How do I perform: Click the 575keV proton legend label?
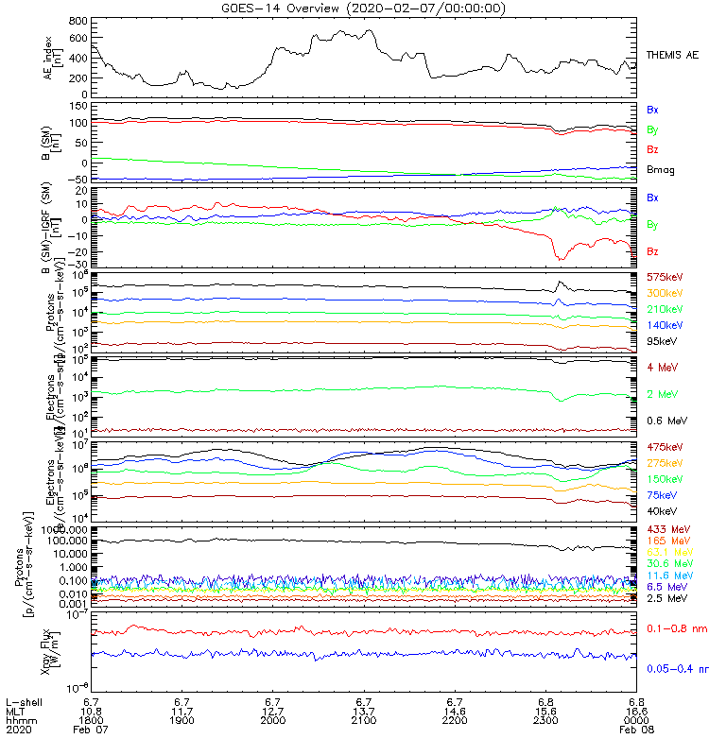[x=664, y=277]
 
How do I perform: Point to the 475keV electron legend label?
[x=664, y=447]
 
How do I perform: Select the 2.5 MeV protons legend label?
[x=664, y=599]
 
